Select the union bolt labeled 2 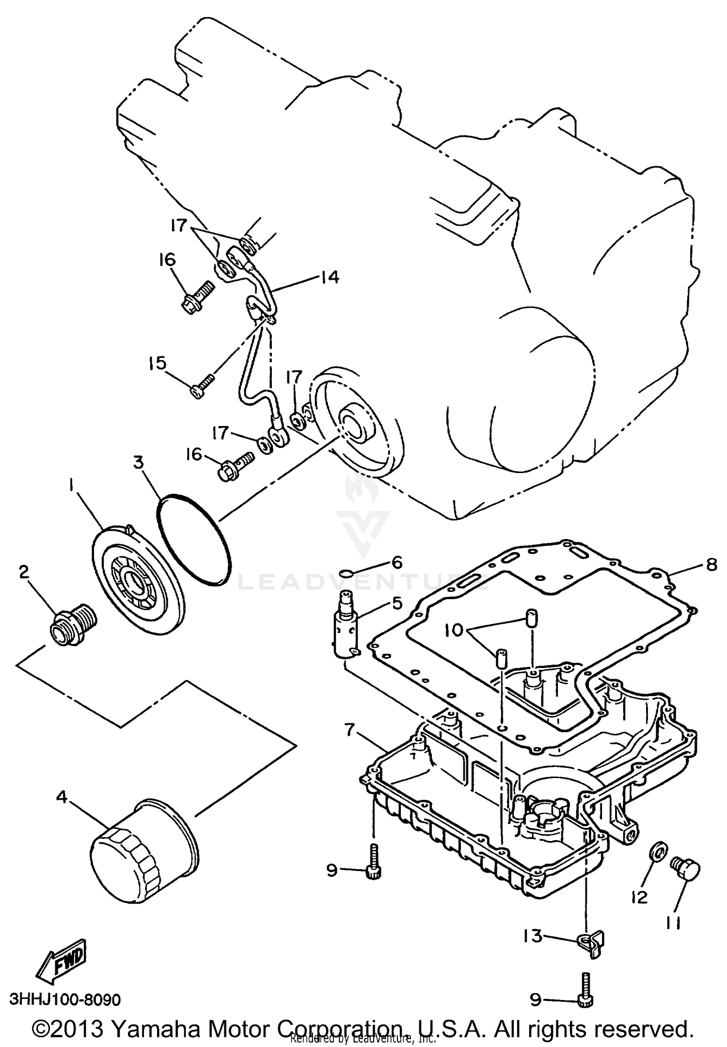pos(73,626)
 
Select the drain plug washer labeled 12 pos(658,852)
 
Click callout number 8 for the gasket pos(711,565)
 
